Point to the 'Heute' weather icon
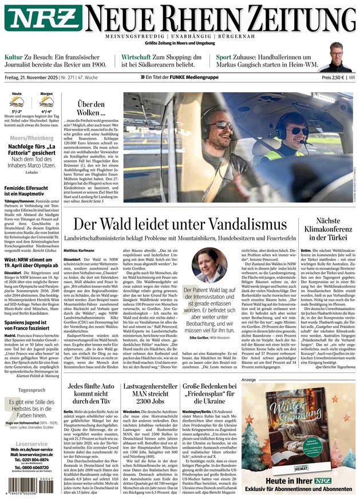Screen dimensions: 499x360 click(x=17, y=102)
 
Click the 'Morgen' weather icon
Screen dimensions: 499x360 click(x=46, y=102)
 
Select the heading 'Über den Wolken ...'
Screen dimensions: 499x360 click(x=91, y=109)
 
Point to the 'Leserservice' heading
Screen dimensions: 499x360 click(x=31, y=443)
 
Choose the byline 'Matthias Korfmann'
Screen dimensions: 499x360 click(x=79, y=250)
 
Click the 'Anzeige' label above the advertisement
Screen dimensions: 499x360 click(x=248, y=379)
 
